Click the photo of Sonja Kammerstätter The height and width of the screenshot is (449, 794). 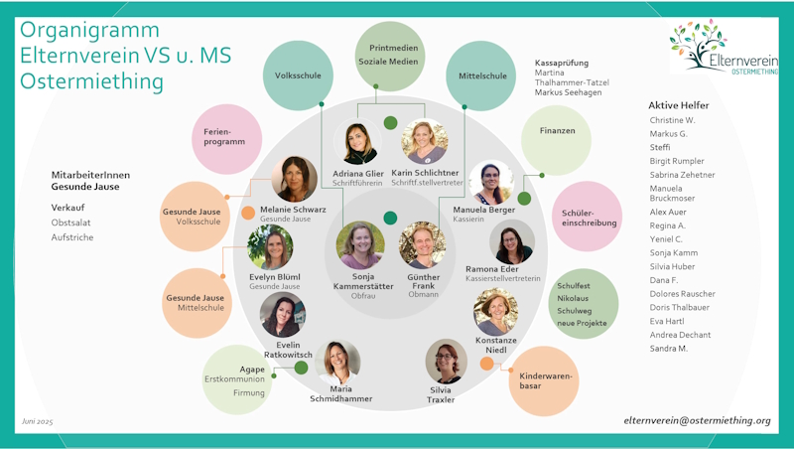coord(360,245)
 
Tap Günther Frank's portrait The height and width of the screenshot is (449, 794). coord(423,245)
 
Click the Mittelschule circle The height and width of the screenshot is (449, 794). coord(482,75)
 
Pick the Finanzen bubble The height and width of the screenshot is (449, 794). coord(557,131)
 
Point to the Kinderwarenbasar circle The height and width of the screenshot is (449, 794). coord(544,380)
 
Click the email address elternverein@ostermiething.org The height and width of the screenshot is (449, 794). coord(697,421)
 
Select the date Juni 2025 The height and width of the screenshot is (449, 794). coord(38,422)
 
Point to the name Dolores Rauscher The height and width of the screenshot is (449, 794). coord(682,294)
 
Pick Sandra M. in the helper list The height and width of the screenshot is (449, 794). coord(668,349)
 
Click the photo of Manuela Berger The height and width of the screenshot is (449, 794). coord(491,183)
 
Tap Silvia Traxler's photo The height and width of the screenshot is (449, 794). coord(447,362)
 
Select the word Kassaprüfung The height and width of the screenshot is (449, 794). coord(564,62)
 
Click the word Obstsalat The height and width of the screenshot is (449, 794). coord(70,223)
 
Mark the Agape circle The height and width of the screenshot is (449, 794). coord(235,379)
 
